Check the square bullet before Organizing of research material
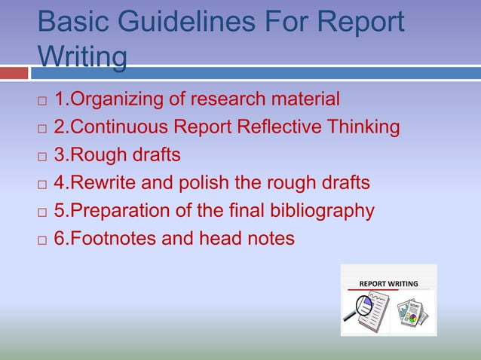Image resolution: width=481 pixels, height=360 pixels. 42,100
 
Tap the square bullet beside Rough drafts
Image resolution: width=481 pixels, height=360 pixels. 42,157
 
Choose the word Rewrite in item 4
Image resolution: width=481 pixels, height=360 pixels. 109,183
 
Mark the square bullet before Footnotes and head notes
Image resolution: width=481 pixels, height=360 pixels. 42,240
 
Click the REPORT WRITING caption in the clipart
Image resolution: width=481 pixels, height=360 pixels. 388,284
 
